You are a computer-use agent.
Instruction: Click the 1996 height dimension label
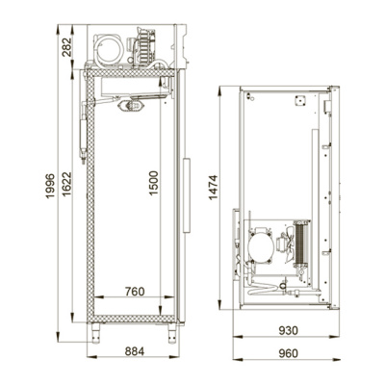click(x=50, y=186)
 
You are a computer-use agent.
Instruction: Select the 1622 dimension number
click(x=66, y=185)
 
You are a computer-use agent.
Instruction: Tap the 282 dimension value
click(x=66, y=47)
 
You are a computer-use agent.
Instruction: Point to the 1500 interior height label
click(x=154, y=183)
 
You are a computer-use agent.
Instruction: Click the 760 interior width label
click(x=135, y=292)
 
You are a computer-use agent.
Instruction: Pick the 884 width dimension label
click(x=135, y=351)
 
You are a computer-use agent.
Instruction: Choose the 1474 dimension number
click(x=214, y=188)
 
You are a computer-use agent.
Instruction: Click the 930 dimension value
click(x=288, y=330)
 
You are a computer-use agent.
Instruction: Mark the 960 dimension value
click(x=288, y=353)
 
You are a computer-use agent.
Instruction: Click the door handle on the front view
click(x=186, y=194)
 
